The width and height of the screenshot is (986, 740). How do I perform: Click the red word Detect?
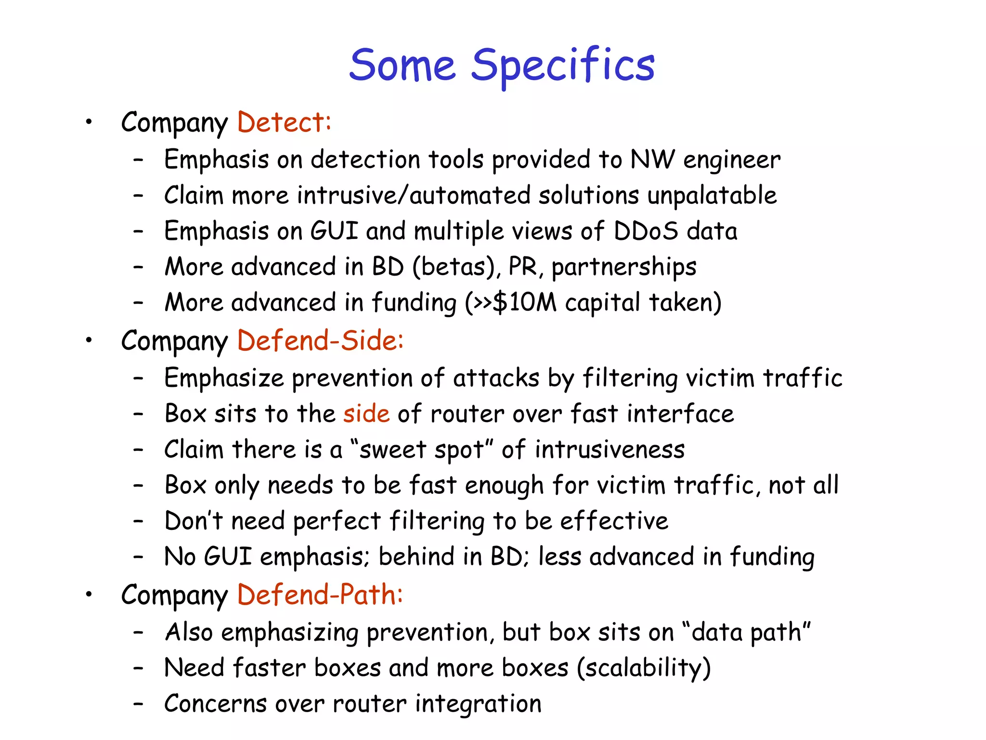[x=284, y=122]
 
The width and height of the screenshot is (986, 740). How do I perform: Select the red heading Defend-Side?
[x=320, y=341]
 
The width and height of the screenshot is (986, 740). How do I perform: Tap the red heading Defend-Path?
[x=320, y=595]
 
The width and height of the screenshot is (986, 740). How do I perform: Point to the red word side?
[x=366, y=413]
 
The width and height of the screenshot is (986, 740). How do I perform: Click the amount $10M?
[x=525, y=303]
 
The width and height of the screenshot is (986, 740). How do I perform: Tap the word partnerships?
[x=624, y=267]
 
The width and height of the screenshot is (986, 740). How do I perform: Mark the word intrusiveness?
[x=610, y=449]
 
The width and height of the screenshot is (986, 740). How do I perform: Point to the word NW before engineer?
[x=652, y=159]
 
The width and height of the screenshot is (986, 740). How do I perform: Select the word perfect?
[x=337, y=521]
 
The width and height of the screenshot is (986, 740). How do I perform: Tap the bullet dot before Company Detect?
[x=89, y=122]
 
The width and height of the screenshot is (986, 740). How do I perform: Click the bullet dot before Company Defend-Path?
[x=89, y=595]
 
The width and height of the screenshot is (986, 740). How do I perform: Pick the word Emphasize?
[x=224, y=378]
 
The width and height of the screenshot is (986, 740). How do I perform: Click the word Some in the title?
[x=402, y=66]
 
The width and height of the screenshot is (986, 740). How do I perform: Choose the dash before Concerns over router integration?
[x=139, y=704]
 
